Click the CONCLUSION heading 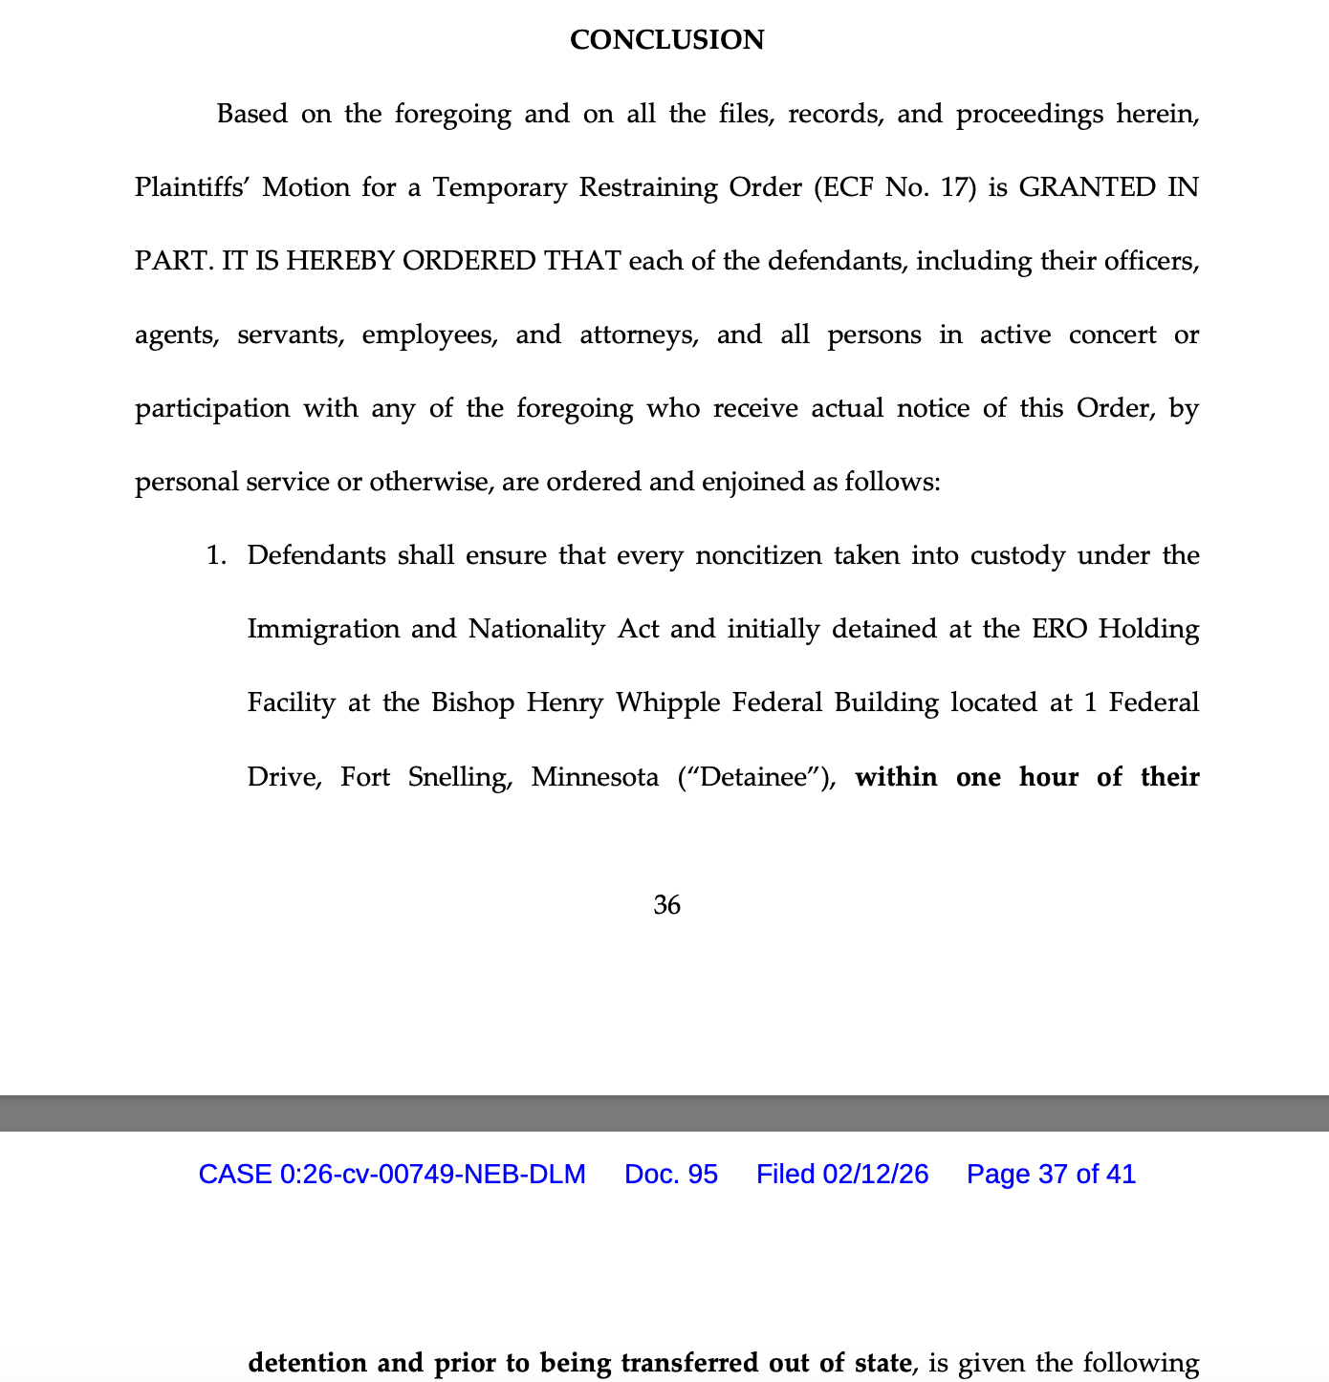666,40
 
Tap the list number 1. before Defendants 217,555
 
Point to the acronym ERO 1059,629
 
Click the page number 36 666,904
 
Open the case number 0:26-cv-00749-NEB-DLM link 391,1174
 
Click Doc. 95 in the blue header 670,1174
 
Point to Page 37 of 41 1051,1174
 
